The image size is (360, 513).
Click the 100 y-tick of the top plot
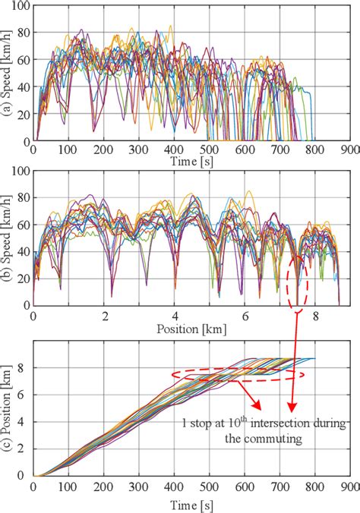pos(20,7)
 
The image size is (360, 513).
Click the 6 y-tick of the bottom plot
pos(24,394)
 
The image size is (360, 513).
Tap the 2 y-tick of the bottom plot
pos(24,448)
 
